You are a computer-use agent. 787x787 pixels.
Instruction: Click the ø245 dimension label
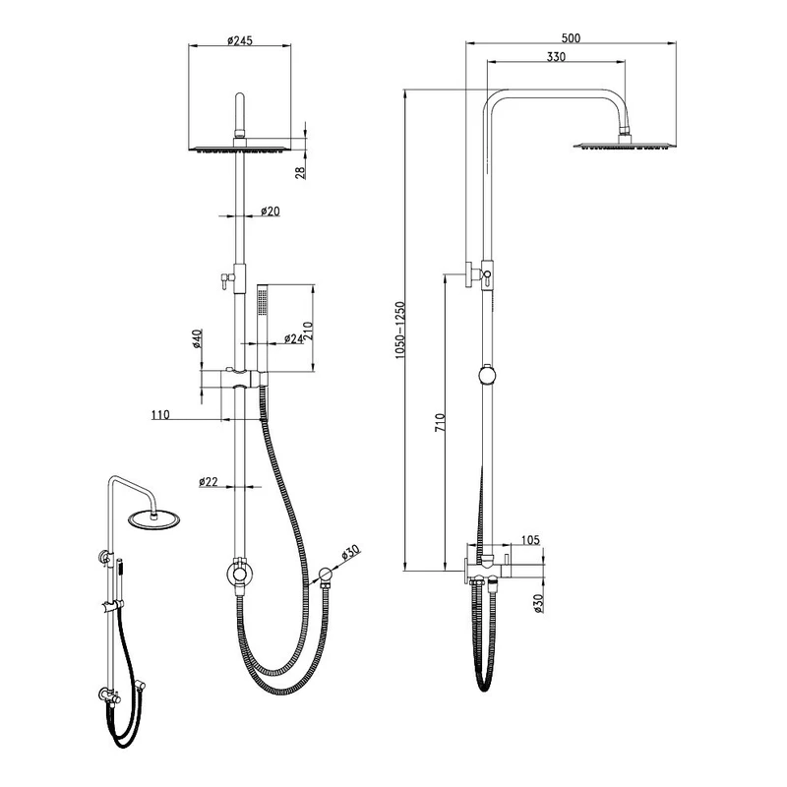click(x=240, y=40)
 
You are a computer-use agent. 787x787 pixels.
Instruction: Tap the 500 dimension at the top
click(x=571, y=38)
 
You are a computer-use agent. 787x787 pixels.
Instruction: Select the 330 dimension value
click(x=556, y=57)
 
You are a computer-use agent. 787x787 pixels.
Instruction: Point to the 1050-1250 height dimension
click(x=399, y=331)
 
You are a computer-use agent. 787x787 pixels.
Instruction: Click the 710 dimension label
click(x=440, y=423)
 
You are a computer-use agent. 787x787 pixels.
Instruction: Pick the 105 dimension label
click(x=530, y=540)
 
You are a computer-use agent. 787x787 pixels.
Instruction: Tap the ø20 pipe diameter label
click(x=270, y=212)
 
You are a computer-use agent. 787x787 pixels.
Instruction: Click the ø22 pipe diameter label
click(x=209, y=481)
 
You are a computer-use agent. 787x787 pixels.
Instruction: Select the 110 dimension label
click(x=160, y=414)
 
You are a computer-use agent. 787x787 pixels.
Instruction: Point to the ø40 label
click(x=197, y=338)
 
